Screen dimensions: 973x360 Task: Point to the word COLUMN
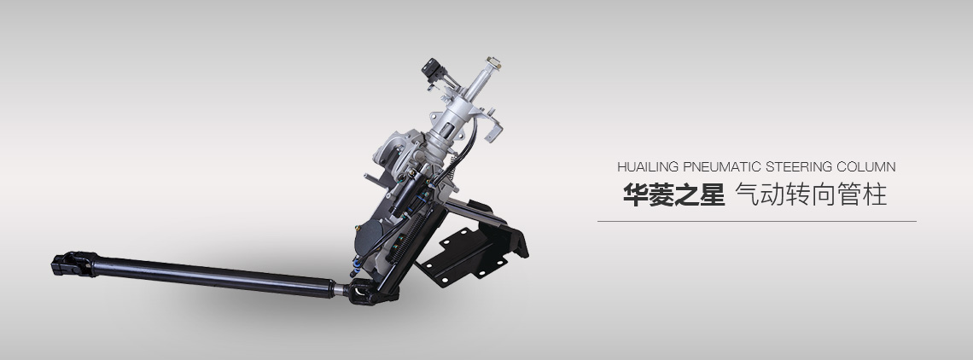coord(866,167)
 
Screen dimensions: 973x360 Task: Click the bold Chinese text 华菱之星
coord(674,195)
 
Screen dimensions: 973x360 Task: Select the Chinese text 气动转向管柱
coord(812,195)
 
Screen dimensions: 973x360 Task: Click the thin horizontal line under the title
coord(757,221)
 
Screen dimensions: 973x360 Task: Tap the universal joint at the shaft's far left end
coord(73,264)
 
